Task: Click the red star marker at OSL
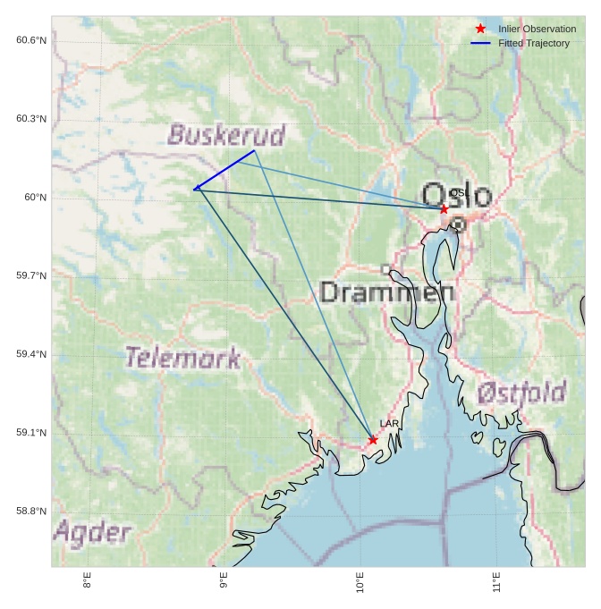pos(444,208)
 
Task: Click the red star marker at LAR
pos(373,439)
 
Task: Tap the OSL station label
pos(460,193)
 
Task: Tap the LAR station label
pos(389,423)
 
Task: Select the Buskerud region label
pos(226,135)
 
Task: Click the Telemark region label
pos(182,359)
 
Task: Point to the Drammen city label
pos(386,292)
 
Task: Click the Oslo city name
pos(456,196)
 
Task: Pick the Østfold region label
pos(521,392)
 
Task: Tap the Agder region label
pos(92,533)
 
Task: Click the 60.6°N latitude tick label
pos(31,40)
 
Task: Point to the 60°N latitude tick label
pos(36,198)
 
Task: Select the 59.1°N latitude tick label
pos(31,433)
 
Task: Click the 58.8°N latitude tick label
pos(31,512)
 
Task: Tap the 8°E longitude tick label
pos(87,580)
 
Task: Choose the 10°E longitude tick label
pos(360,582)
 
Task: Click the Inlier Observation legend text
pos(537,30)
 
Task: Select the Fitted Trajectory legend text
pos(534,43)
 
